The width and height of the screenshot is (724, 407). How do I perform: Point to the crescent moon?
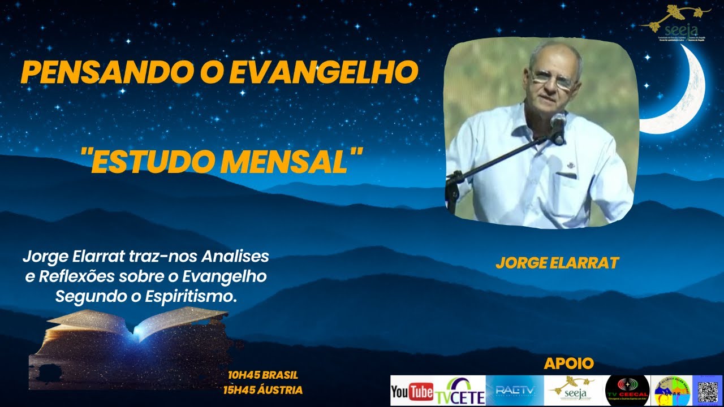tap(682, 96)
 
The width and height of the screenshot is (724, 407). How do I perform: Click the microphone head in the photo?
tap(558, 122)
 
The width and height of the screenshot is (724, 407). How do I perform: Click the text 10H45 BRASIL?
tap(262, 375)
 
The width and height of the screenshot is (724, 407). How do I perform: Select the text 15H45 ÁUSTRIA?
tap(262, 390)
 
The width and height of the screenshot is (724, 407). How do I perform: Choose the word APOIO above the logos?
tap(569, 363)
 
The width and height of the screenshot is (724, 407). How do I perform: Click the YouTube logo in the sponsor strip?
tap(412, 391)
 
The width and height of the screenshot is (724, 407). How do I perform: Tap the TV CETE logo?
tap(460, 391)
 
